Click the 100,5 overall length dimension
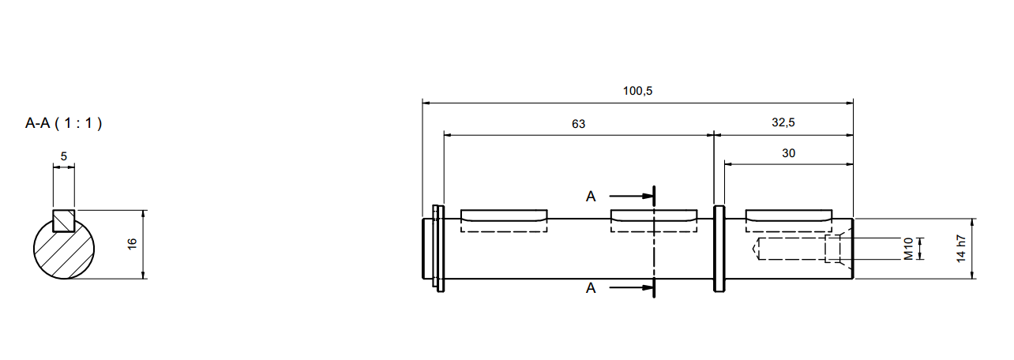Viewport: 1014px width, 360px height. point(637,91)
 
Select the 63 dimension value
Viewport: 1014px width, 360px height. point(579,124)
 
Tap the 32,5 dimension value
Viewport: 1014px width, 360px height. point(783,122)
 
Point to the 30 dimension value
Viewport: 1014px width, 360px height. point(789,153)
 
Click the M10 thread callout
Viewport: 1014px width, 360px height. point(908,249)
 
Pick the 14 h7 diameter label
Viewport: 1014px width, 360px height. point(961,249)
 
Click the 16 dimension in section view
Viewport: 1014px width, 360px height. point(132,244)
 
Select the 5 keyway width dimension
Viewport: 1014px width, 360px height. point(64,156)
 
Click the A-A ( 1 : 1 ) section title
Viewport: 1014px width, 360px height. point(64,123)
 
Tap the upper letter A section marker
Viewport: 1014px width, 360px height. point(591,197)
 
